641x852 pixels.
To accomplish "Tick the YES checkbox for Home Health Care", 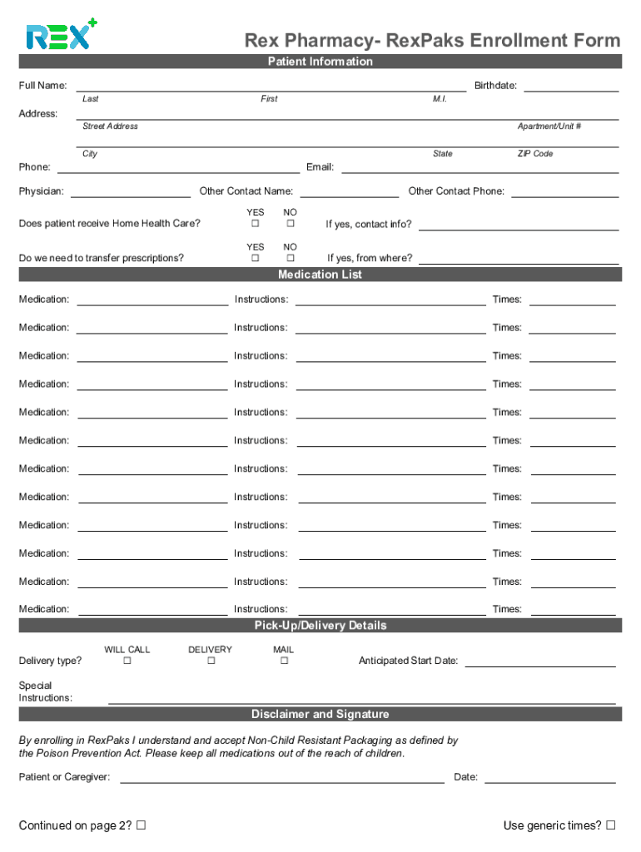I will point(256,224).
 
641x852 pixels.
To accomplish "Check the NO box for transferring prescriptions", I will point(291,258).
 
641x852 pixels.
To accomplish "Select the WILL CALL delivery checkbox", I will point(127,661).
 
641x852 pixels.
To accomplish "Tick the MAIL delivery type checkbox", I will point(284,661).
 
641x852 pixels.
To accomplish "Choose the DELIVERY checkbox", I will point(211,661).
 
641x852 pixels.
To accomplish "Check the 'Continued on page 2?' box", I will point(142,825).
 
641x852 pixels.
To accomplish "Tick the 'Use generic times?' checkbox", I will point(611,825).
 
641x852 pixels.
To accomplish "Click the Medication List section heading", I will point(320,275).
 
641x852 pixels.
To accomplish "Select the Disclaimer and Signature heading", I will point(320,714).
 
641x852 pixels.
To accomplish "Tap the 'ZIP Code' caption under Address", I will point(535,154).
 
